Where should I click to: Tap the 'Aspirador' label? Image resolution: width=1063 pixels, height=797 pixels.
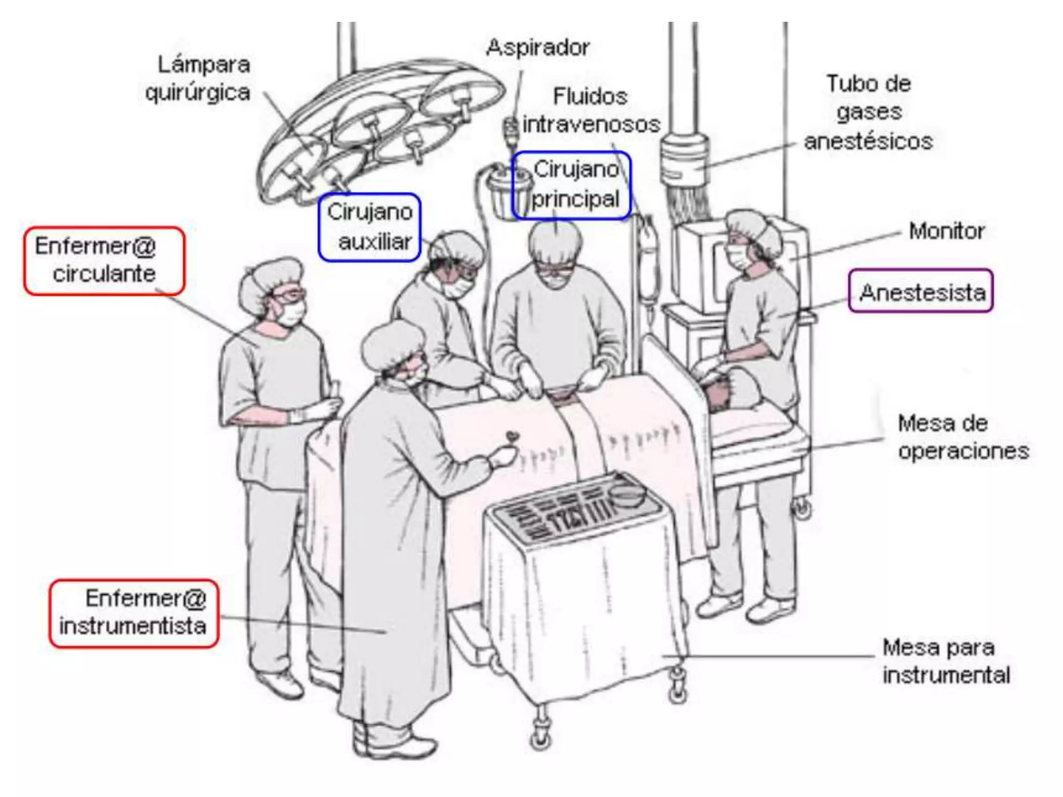tap(538, 48)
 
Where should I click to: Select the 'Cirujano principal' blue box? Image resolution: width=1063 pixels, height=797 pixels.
tap(572, 185)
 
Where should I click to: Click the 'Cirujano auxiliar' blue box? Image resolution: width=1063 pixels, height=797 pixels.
tap(370, 227)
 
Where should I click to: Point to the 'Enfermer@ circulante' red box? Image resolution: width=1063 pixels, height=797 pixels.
tap(104, 260)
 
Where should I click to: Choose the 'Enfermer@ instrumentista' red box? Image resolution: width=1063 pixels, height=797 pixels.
tap(134, 613)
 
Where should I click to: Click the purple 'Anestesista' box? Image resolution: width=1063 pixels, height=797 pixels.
tap(921, 291)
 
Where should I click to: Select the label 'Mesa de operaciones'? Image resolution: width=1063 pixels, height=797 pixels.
tap(962, 437)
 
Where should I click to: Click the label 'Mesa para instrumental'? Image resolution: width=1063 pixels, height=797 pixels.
tap(946, 661)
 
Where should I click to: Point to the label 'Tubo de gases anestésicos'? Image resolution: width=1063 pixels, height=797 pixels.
tap(868, 112)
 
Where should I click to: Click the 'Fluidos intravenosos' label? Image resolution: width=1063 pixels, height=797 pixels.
tap(591, 111)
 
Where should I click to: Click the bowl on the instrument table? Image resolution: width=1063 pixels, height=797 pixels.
tap(628, 496)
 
